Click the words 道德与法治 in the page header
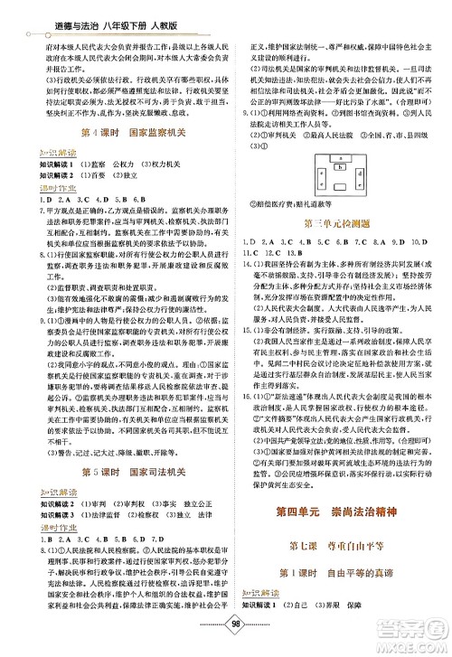pyautogui.click(x=45, y=11)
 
